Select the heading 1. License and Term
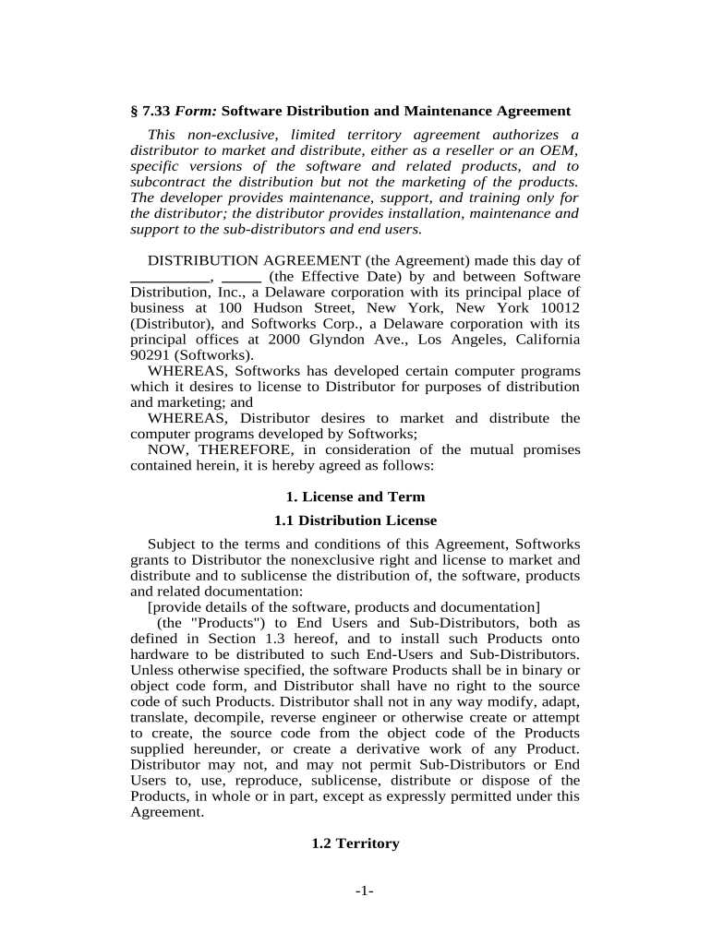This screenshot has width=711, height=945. tap(355, 496)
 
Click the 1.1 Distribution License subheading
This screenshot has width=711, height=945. tap(355, 520)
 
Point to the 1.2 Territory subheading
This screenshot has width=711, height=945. tap(355, 843)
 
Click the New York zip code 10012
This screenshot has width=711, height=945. tap(560, 307)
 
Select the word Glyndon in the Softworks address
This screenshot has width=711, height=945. tap(305, 339)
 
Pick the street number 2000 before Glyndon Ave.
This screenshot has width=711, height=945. tap(262, 339)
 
